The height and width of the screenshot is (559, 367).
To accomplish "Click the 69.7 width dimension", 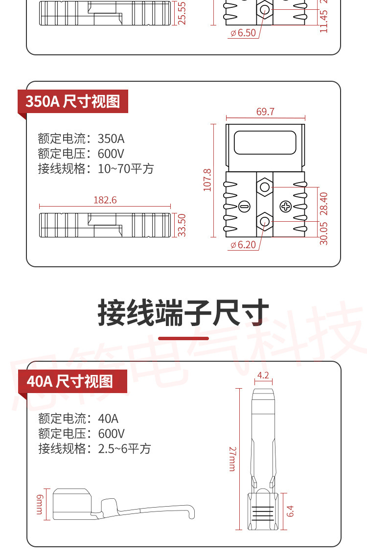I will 265,112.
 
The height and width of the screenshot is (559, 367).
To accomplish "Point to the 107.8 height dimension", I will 207,180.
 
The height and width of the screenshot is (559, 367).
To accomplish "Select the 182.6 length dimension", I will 105,200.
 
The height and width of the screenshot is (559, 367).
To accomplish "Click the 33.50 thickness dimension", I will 182,225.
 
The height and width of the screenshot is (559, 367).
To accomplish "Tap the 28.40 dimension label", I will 323,203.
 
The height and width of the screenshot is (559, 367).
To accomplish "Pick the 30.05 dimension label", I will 323,233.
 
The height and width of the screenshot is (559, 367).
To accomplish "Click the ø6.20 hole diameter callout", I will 243,244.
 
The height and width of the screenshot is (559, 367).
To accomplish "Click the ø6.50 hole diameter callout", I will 243,33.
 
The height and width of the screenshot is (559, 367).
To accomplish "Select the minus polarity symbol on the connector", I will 245,206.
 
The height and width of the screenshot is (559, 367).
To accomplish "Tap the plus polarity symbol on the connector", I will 285,206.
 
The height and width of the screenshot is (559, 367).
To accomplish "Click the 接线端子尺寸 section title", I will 183,313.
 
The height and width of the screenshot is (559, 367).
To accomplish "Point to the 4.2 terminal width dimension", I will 263,376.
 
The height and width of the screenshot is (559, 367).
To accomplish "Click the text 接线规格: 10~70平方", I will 96,169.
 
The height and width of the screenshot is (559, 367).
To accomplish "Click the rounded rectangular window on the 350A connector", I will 265,142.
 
